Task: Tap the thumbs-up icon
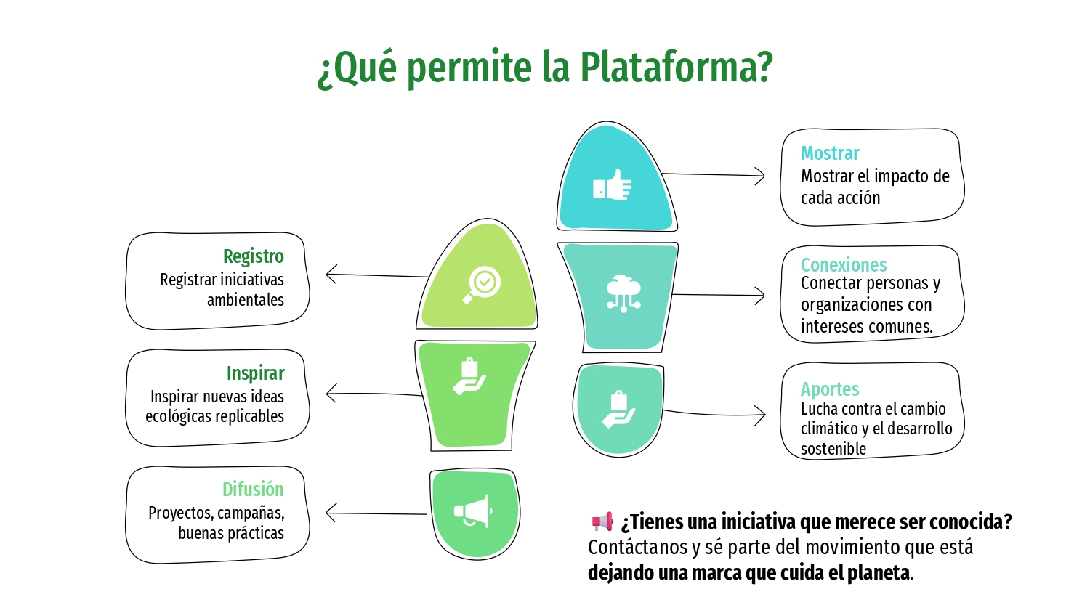[x=613, y=185]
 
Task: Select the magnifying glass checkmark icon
[x=481, y=284]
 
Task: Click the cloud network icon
[x=623, y=293]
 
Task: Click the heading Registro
[x=253, y=256]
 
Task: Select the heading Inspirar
[x=255, y=373]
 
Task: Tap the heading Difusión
[x=253, y=490]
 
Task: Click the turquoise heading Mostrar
[x=830, y=153]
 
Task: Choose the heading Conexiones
[x=844, y=264]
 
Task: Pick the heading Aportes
[x=830, y=389]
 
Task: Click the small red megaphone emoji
[x=602, y=521]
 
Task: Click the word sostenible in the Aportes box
[x=833, y=449]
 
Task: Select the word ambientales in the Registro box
[x=246, y=300]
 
